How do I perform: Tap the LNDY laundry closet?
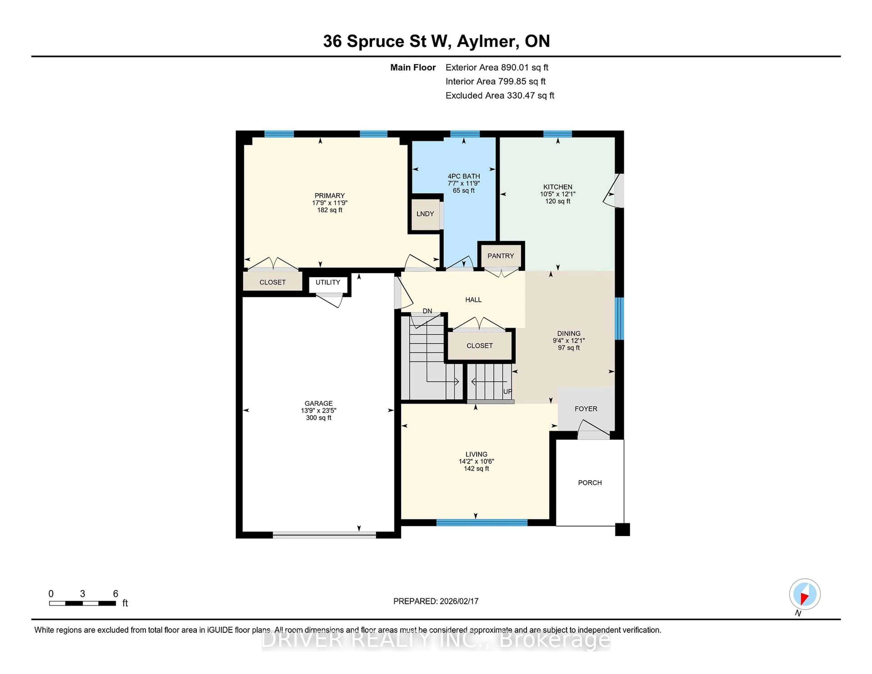[x=425, y=214]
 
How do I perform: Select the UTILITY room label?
[x=328, y=282]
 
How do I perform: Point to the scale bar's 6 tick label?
[x=115, y=594]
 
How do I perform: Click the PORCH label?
[x=590, y=483]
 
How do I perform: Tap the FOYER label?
[x=586, y=409]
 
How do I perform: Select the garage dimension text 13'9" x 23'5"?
[x=319, y=411]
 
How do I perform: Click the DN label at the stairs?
[x=427, y=311]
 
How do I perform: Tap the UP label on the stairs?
[x=507, y=392]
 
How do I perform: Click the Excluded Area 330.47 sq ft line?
[x=500, y=95]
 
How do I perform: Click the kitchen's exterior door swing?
[x=613, y=192]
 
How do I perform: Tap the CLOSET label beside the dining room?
[x=480, y=346]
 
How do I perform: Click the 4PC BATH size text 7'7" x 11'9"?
[x=463, y=183]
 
